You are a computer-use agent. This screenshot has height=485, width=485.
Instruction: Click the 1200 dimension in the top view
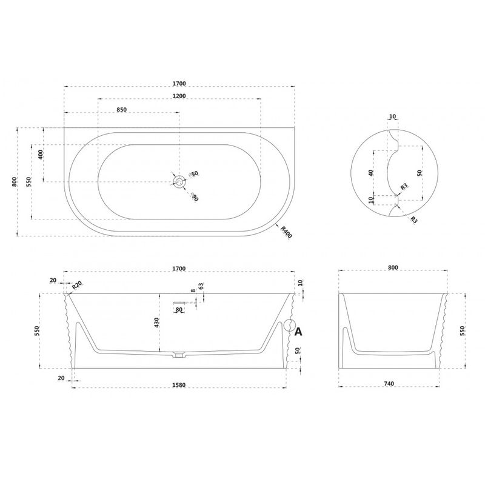[x=179, y=96]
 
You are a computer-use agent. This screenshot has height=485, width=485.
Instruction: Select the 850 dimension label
[x=122, y=110]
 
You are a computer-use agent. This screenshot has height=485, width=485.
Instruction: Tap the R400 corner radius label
[x=286, y=232]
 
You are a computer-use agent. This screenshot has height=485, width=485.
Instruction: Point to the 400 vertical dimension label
[x=41, y=154]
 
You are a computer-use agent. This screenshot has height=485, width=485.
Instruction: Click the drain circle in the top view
[x=179, y=181]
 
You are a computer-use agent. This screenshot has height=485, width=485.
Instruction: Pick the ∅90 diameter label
[x=194, y=196]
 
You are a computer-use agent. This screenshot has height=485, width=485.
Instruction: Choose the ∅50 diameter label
[x=193, y=174]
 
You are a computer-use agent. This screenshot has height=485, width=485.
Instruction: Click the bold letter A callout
[x=298, y=332]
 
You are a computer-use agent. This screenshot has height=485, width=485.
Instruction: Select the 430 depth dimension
[x=156, y=323]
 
